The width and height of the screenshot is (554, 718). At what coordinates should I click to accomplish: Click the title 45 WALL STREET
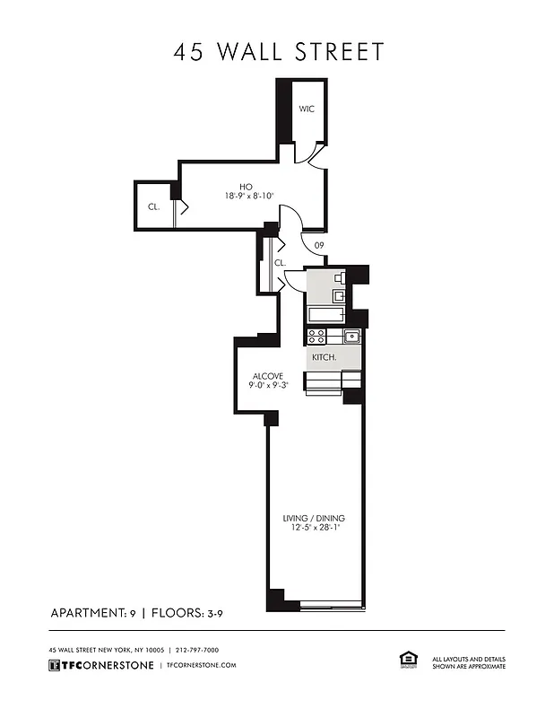coord(278,51)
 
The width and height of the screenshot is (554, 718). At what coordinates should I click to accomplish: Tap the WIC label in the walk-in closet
coord(307,109)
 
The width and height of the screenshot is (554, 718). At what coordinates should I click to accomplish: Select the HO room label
coord(245,186)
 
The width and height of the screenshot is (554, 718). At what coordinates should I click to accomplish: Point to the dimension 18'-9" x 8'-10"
coord(249,196)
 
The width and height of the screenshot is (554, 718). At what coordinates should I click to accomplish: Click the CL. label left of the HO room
coord(153,206)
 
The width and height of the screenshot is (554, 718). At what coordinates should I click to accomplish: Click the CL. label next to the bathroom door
coord(279,263)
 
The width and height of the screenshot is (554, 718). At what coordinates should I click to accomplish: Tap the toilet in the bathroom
coord(340,278)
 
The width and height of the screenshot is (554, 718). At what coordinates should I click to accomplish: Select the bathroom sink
coord(340,295)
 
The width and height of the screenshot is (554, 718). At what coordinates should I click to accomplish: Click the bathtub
coord(325,315)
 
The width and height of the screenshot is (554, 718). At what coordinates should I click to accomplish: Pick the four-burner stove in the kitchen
coord(316,337)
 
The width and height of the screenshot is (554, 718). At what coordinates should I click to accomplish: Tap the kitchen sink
coord(351,337)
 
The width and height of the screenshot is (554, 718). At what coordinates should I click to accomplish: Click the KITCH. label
coord(324,357)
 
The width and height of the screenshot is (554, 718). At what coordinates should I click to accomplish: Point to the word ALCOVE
coord(267,375)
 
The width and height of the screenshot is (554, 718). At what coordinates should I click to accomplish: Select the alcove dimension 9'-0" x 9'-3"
coord(267,385)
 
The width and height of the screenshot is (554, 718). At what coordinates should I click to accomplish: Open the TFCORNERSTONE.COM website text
coord(201,665)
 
